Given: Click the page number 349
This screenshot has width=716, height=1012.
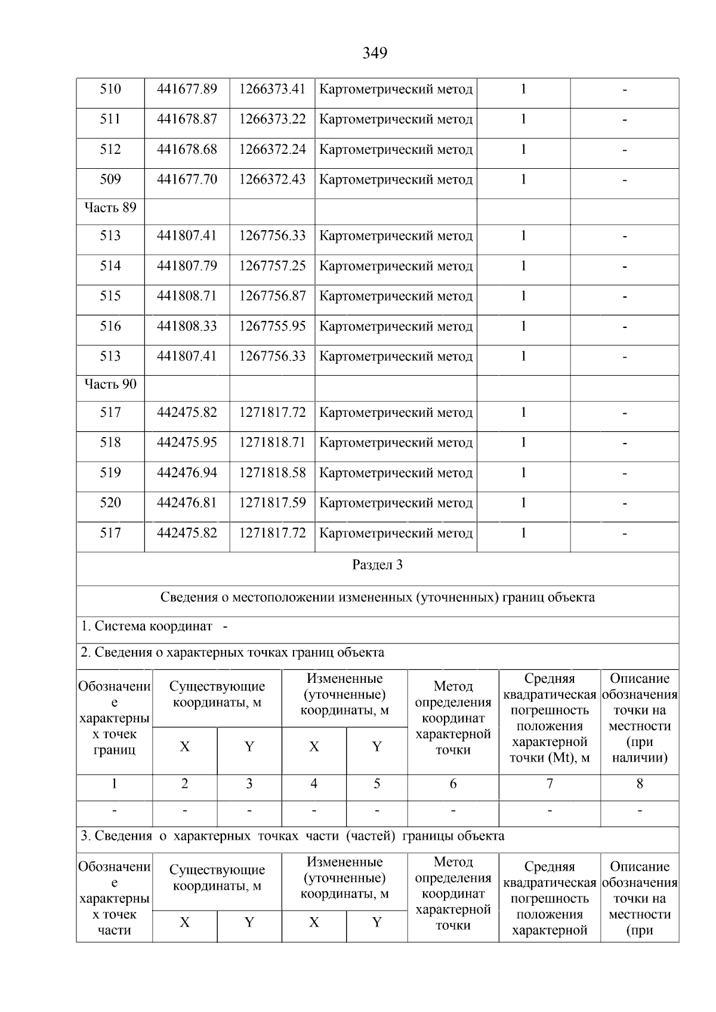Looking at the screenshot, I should [x=375, y=53].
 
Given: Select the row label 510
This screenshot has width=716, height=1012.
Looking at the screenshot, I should [x=110, y=89].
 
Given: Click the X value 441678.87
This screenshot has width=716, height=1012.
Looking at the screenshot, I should [x=187, y=119].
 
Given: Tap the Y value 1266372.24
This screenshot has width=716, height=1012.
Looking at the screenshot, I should [x=272, y=150].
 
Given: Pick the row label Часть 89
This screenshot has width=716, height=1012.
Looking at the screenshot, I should [x=110, y=208].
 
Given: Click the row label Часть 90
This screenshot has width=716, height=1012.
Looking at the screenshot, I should [x=110, y=385].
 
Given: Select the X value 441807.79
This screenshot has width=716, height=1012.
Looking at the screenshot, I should [x=187, y=266].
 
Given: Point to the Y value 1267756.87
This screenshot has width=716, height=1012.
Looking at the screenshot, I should [x=272, y=296].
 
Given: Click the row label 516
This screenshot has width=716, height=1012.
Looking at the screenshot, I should [x=110, y=326].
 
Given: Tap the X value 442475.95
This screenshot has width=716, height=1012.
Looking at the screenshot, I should [x=187, y=442].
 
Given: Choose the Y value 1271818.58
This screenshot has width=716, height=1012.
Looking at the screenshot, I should [x=272, y=473].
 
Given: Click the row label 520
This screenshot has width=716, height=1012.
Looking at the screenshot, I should [x=110, y=503].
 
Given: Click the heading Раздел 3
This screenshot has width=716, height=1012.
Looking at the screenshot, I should [x=377, y=565].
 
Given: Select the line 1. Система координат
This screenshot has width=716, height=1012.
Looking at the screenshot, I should [x=147, y=627].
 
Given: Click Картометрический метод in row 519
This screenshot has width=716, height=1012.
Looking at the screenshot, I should [x=396, y=473].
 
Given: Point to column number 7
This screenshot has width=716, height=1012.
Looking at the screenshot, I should [x=550, y=784].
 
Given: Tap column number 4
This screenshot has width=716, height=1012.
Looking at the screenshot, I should [x=314, y=784].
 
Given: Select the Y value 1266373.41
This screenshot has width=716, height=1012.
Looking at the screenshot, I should [x=272, y=89].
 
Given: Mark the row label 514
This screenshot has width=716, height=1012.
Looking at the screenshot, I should [x=110, y=266].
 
